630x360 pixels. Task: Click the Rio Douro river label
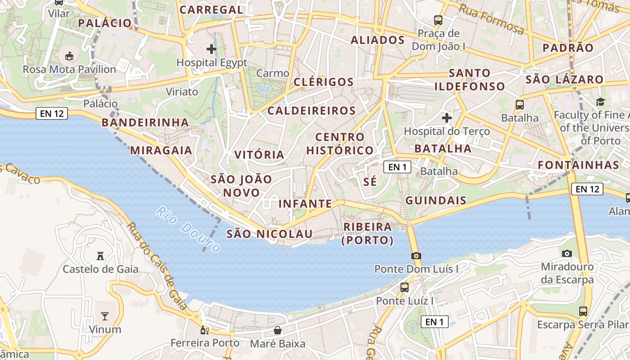pyautogui.click(x=189, y=229)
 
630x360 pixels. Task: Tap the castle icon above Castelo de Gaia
pyautogui.click(x=100, y=256)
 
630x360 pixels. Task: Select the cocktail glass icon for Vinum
pyautogui.click(x=105, y=316)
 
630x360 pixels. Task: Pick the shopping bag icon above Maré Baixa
pyautogui.click(x=278, y=331)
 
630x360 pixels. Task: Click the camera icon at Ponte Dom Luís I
pyautogui.click(x=416, y=256)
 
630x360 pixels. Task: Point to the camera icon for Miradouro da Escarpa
pyautogui.click(x=567, y=253)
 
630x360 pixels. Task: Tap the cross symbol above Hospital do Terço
pyautogui.click(x=446, y=118)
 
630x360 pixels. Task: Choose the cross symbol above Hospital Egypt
pyautogui.click(x=211, y=49)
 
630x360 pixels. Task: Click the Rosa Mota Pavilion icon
pyautogui.click(x=69, y=56)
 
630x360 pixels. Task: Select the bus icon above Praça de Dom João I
pyautogui.click(x=438, y=20)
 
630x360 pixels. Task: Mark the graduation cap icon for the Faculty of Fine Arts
pyautogui.click(x=600, y=102)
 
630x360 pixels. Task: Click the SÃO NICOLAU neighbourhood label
pyautogui.click(x=269, y=234)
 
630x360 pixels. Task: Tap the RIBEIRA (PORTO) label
pyautogui.click(x=368, y=234)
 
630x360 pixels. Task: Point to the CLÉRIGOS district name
pyautogui.click(x=324, y=82)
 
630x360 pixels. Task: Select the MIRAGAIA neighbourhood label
pyautogui.click(x=161, y=150)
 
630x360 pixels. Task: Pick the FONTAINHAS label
pyautogui.click(x=579, y=165)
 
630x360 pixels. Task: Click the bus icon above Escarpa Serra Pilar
pyautogui.click(x=583, y=311)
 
